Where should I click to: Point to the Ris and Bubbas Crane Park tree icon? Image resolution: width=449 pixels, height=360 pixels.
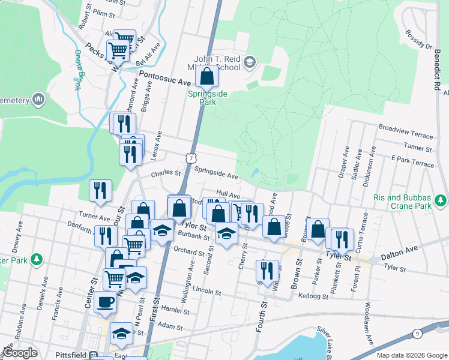(x=441, y=199)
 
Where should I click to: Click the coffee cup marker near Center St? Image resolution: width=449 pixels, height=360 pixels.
(x=106, y=302)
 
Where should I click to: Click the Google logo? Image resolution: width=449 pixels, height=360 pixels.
(x=20, y=353)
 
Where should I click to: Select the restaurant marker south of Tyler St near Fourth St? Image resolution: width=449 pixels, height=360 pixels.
(x=267, y=271)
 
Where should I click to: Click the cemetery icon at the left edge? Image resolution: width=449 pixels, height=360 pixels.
(x=39, y=98)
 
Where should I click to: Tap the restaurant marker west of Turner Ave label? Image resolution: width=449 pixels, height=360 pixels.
(x=100, y=191)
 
